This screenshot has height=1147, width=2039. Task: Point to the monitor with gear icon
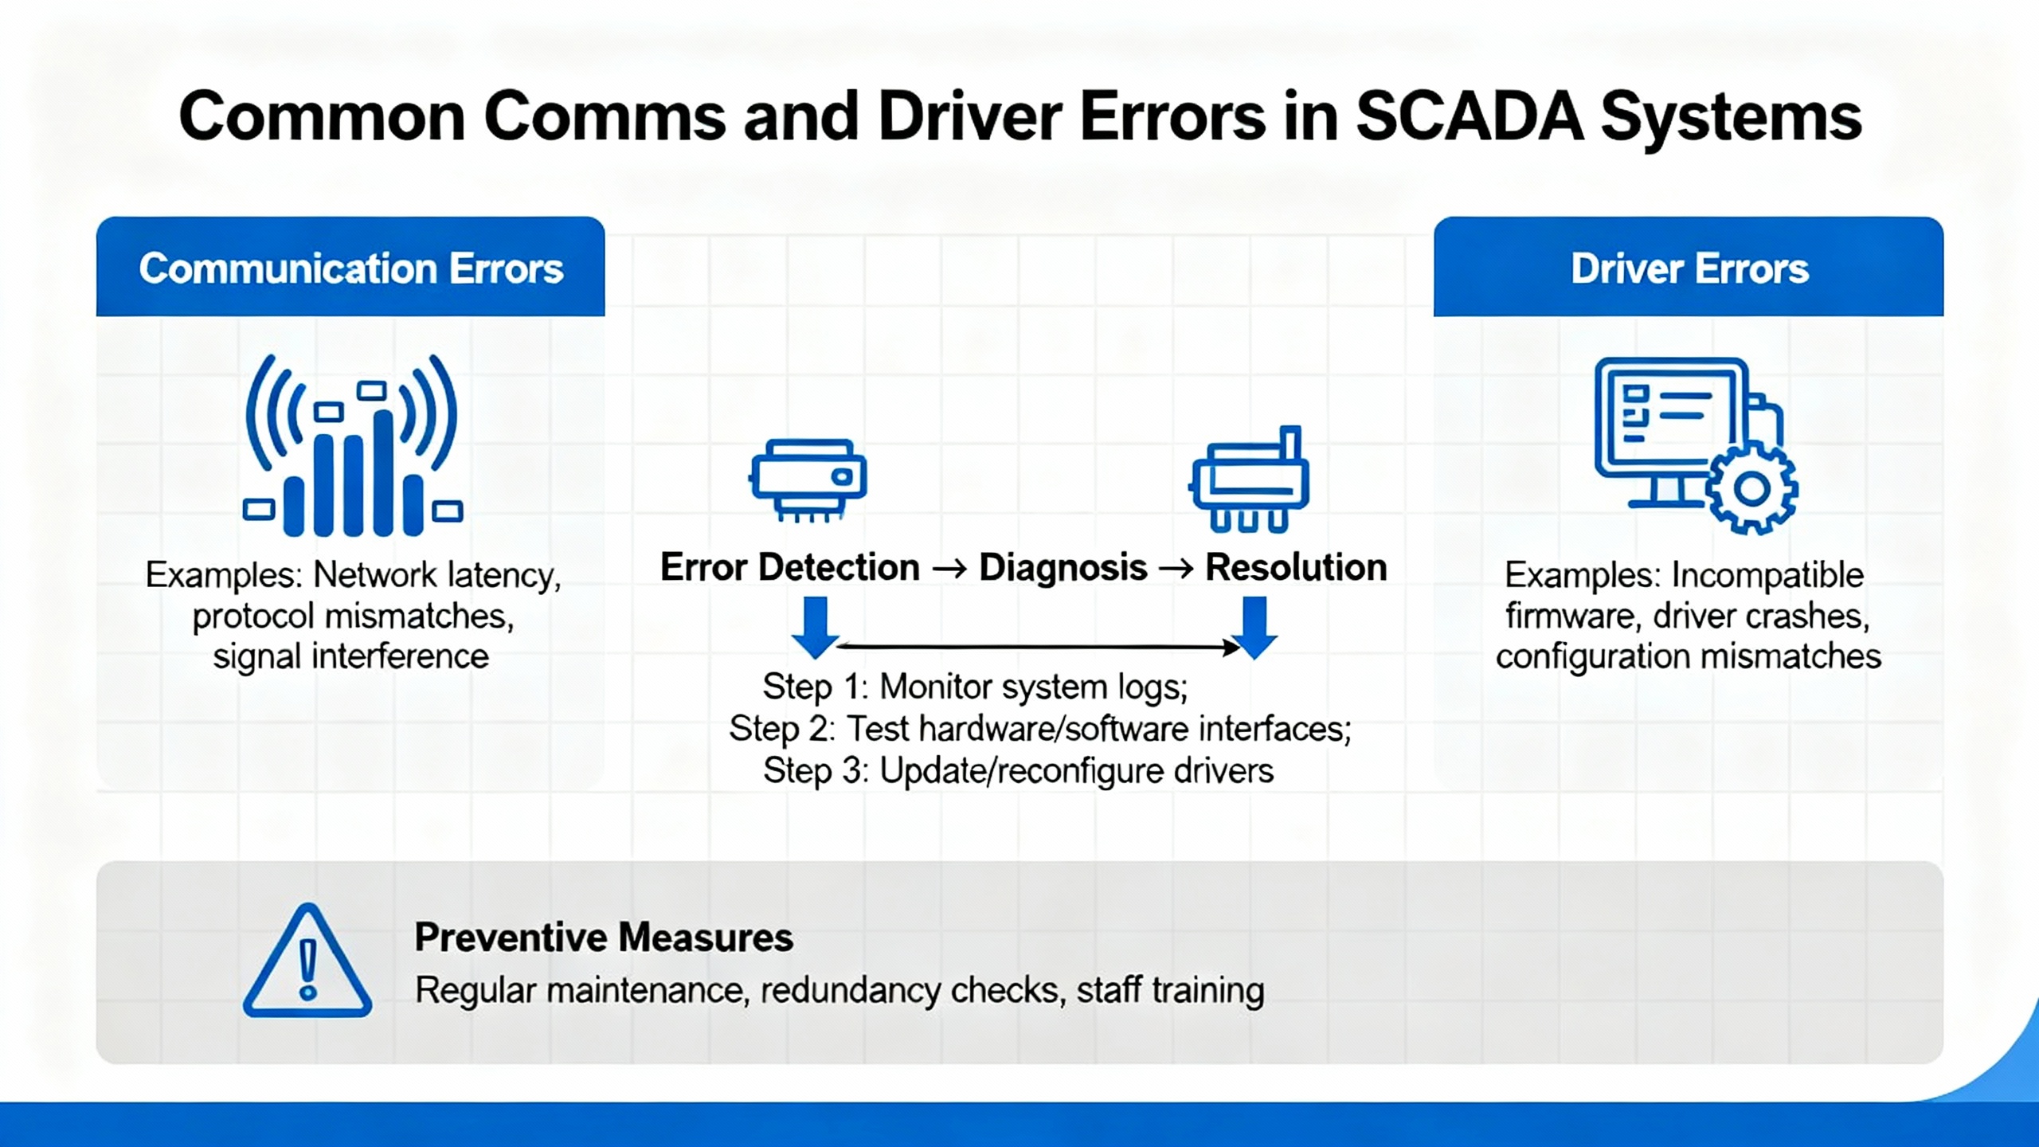(x=1696, y=446)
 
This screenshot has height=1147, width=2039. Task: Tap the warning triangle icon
(x=307, y=960)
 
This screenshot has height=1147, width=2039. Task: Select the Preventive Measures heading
(x=604, y=937)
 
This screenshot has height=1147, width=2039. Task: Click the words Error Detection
(x=789, y=567)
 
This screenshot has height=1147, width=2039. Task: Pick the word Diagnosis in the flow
(x=1063, y=567)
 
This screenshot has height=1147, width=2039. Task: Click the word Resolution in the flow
(x=1296, y=567)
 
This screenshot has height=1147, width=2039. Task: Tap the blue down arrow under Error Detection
(x=815, y=628)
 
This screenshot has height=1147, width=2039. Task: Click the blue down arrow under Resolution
(x=1254, y=628)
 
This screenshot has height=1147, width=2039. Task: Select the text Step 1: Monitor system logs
(x=975, y=687)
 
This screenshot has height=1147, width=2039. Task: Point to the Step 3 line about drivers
(x=1018, y=770)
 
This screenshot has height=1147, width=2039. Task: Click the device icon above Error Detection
(x=808, y=480)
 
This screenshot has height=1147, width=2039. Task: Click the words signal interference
(x=350, y=656)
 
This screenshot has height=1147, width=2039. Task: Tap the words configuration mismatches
(x=1689, y=656)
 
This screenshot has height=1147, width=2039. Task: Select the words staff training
(x=1171, y=990)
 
